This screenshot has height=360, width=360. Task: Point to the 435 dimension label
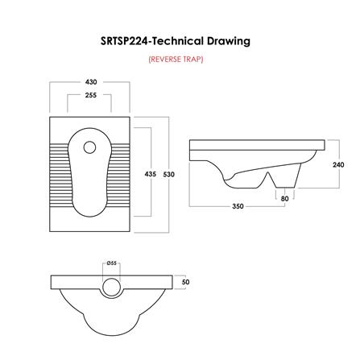click(150, 174)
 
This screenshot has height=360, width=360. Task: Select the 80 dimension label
click(284, 197)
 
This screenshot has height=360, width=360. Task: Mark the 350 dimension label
click(238, 207)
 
